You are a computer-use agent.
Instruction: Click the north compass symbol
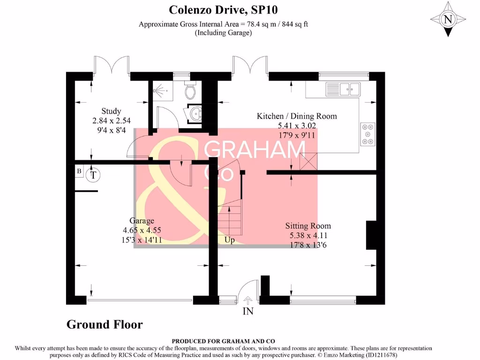pyautogui.click(x=448, y=19)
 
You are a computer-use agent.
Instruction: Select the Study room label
pyautogui.click(x=111, y=111)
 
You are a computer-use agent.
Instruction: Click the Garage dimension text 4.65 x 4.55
pyautogui.click(x=142, y=230)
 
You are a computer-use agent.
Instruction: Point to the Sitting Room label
pyautogui.click(x=308, y=226)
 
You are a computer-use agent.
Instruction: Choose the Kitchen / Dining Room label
pyautogui.click(x=296, y=116)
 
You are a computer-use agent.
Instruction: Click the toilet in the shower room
pyautogui.click(x=191, y=90)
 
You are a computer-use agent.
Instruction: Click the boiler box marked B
pyautogui.click(x=79, y=172)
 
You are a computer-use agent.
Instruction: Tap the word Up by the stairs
pyautogui.click(x=230, y=240)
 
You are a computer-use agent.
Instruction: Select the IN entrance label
pyautogui.click(x=247, y=311)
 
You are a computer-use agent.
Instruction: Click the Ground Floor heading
pyautogui.click(x=105, y=324)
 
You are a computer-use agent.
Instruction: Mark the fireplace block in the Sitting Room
pyautogui.click(x=371, y=235)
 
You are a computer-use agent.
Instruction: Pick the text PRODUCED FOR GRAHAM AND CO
pyautogui.click(x=224, y=341)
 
